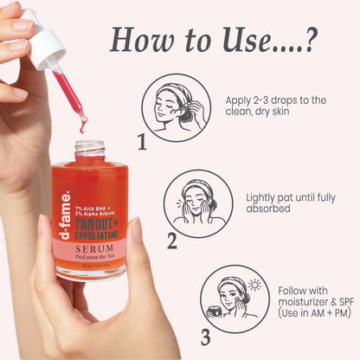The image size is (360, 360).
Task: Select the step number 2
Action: [x=172, y=241]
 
